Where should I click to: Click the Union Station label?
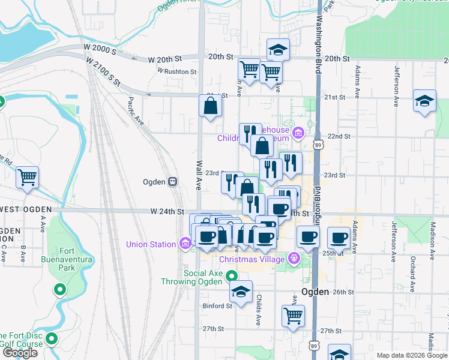pos(151,244)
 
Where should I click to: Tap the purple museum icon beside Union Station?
pos(184,244)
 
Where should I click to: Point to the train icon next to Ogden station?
pos(172,181)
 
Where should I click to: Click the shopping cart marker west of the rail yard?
pos(27,177)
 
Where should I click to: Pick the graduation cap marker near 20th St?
pos(278,50)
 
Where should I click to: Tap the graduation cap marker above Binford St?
pos(241,292)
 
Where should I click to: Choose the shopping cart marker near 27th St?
pos(293,316)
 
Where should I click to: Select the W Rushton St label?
pos(177,71)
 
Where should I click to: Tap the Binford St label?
pos(217,305)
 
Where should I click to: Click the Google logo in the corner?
pos(20,353)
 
